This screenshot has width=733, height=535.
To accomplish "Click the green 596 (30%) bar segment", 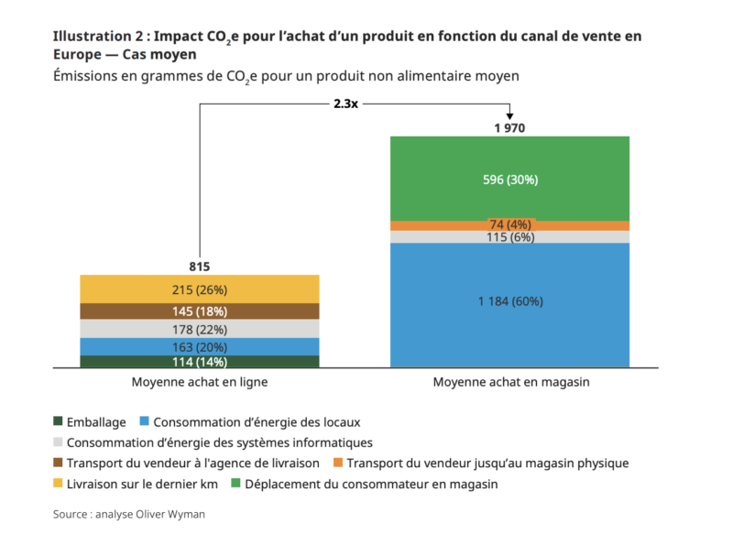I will click(510, 179).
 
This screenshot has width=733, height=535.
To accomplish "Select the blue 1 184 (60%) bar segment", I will click(510, 300).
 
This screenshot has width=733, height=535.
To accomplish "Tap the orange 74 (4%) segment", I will click(510, 224).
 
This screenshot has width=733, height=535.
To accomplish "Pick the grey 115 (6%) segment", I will click(510, 237).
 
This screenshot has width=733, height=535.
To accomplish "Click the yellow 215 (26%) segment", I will click(200, 289).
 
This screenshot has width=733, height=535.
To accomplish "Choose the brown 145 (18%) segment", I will click(200, 311).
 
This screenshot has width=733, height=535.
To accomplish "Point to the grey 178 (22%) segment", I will click(200, 329).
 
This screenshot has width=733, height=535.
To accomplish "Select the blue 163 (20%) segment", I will click(200, 346).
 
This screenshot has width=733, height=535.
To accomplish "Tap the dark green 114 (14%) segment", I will click(200, 362).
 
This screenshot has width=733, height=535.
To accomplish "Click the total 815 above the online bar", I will click(200, 267).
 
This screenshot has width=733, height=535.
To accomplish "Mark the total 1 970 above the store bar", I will click(509, 128).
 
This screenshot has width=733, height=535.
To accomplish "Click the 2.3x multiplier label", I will click(345, 104).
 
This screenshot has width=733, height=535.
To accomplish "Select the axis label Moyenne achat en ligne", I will click(200, 380).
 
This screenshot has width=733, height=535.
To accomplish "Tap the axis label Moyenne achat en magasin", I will click(510, 380).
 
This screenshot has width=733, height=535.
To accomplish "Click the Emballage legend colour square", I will click(60, 422).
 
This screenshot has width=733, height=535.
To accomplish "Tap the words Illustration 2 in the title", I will click(96, 37).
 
